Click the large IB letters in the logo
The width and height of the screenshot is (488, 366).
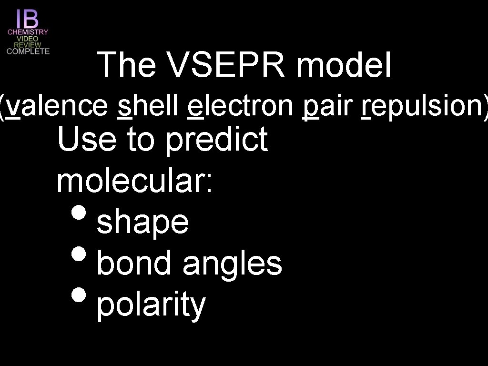28,19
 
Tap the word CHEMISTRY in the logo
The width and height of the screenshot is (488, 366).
28,32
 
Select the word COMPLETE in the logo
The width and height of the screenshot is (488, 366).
28,51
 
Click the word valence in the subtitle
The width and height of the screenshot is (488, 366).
58,104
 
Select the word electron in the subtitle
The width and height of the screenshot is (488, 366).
240,104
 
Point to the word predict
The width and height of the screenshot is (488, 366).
216,140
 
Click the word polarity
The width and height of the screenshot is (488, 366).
151,305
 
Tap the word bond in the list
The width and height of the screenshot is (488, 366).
134,264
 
